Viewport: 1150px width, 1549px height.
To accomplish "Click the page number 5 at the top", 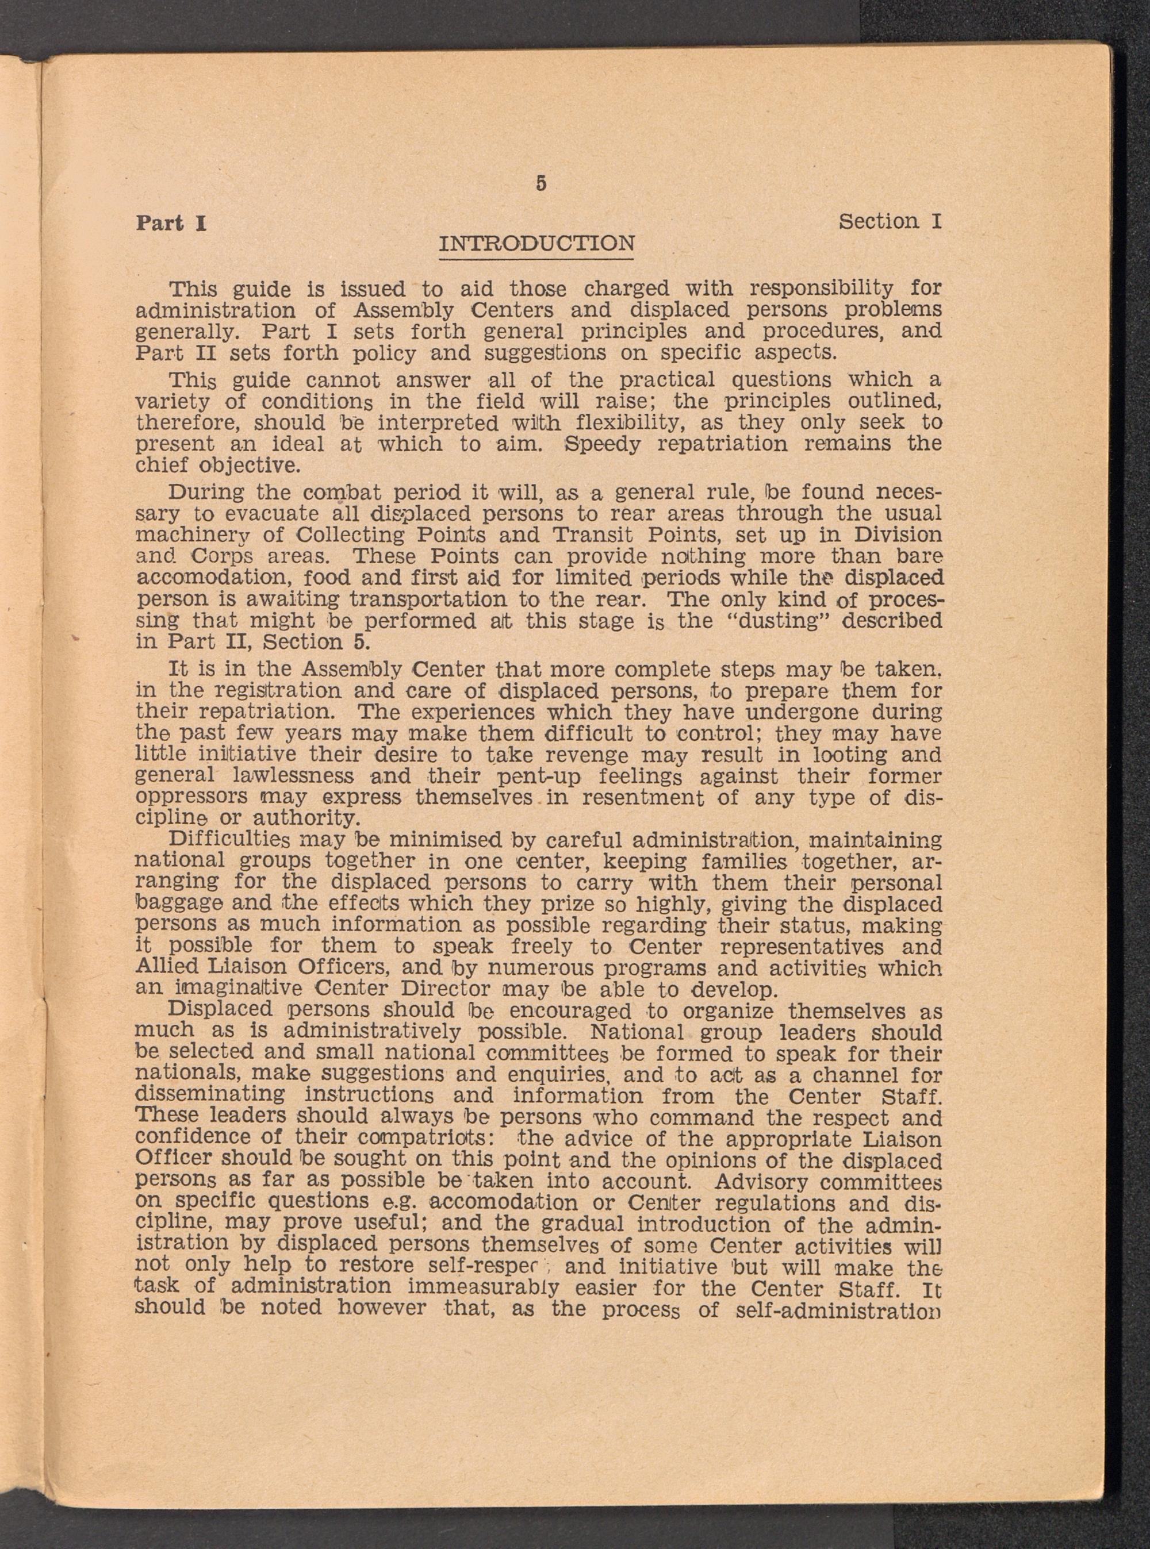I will [541, 184].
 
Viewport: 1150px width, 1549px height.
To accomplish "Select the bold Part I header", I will [171, 224].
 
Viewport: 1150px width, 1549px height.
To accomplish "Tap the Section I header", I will [890, 221].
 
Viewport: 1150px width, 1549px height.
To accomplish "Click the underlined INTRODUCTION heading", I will [536, 244].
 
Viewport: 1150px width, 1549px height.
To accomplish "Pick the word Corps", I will [222, 557].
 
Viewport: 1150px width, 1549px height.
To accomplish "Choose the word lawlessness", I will [294, 776].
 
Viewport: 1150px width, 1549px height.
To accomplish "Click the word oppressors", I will [191, 797].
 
